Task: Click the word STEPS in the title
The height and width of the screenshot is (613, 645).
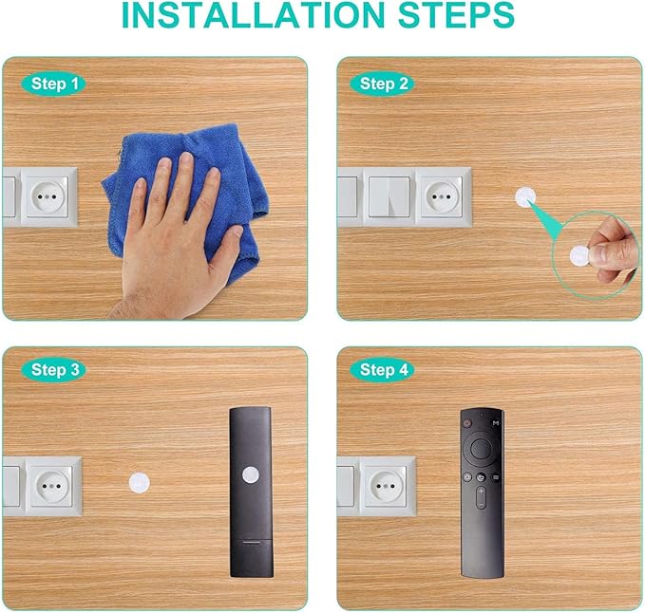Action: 454,16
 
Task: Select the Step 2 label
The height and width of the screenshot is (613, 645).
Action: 384,84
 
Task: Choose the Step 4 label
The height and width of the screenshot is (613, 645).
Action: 384,370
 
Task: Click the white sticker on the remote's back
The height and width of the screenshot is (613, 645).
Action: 250,474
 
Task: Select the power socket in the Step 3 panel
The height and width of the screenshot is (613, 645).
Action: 53,485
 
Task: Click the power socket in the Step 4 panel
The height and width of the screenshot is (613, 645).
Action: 387,485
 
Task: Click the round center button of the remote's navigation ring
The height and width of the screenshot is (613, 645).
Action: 481,443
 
